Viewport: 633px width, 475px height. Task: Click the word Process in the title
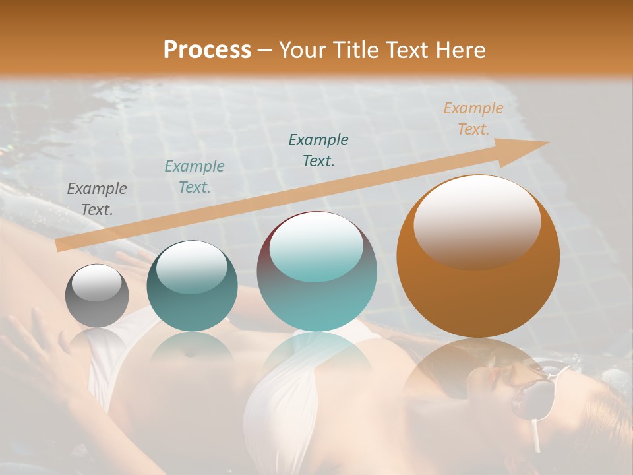207,49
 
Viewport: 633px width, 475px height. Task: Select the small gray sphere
97,296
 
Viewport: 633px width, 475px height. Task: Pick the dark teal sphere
192,286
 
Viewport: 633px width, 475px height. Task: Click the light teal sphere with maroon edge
316,271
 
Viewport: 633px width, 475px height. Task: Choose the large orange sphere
478,256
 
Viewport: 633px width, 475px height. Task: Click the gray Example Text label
97,199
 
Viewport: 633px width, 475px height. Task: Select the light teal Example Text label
195,177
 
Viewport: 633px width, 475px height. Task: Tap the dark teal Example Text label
318,150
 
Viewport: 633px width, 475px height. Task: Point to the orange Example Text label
473,119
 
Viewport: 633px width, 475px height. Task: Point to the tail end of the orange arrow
61,245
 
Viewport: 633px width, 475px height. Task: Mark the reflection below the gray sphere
97,343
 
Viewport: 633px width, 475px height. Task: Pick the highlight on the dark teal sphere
192,266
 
